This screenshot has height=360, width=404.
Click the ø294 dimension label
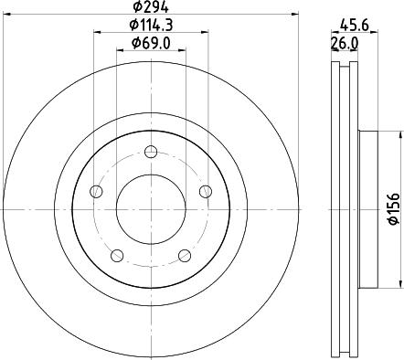tap(151, 7)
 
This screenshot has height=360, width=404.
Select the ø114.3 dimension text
tap(151, 25)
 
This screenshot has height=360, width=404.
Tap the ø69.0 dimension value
tap(151, 43)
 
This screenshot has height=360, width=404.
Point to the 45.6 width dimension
tap(355, 25)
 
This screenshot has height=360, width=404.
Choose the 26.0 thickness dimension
tap(345, 44)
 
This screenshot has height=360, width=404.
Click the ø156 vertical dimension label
tap(394, 209)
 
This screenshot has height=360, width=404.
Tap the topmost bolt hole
tap(151, 152)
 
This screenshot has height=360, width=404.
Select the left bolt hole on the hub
tap(96, 191)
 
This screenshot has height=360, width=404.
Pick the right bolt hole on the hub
tap(206, 191)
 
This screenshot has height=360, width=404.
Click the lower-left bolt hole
tap(117, 256)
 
